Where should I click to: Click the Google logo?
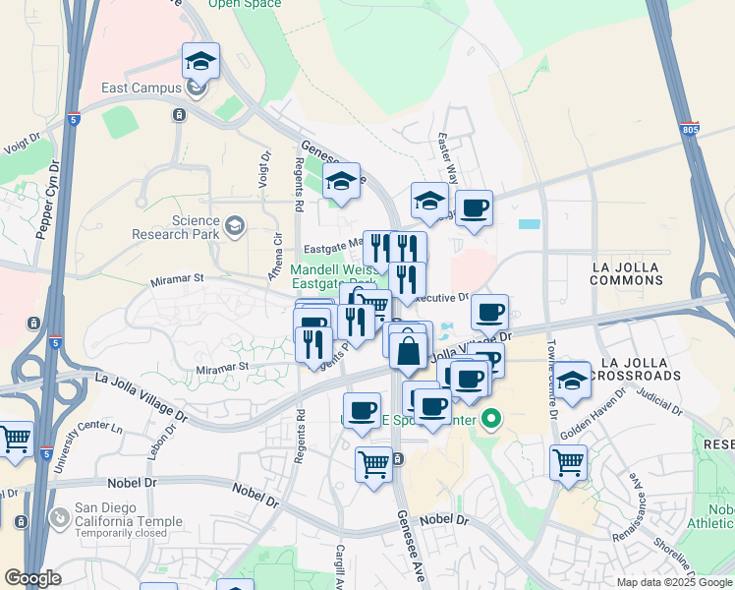pyautogui.click(x=32, y=578)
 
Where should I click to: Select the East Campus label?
pyautogui.click(x=141, y=88)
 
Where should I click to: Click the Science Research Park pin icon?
pyautogui.click(x=234, y=227)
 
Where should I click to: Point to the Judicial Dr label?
pyautogui.click(x=658, y=401)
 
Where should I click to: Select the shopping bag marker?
pyautogui.click(x=408, y=350)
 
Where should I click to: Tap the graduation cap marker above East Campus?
pyautogui.click(x=200, y=62)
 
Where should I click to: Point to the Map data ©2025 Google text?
pyautogui.click(x=673, y=582)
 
